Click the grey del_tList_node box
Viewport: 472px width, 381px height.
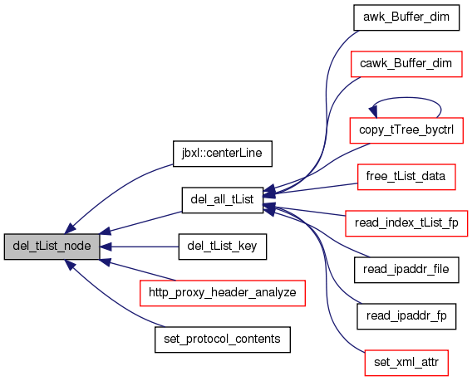point(52,247)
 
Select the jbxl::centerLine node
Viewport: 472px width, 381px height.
point(223,154)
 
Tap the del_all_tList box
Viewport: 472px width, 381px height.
point(223,200)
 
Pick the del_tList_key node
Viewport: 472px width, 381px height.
point(223,247)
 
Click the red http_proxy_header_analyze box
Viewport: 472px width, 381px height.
point(223,293)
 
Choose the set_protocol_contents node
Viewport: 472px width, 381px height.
point(223,339)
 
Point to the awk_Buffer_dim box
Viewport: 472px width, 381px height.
point(406,17)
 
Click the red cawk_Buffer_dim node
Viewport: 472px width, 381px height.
point(406,64)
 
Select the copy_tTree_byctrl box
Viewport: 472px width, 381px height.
point(406,130)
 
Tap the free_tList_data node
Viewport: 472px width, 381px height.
point(406,177)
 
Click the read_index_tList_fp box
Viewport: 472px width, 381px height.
point(406,223)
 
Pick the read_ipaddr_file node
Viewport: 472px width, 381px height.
point(406,270)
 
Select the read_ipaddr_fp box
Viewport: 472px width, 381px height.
point(406,316)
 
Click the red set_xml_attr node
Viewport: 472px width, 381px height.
point(406,363)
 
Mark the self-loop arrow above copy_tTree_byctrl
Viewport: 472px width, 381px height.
point(406,97)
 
